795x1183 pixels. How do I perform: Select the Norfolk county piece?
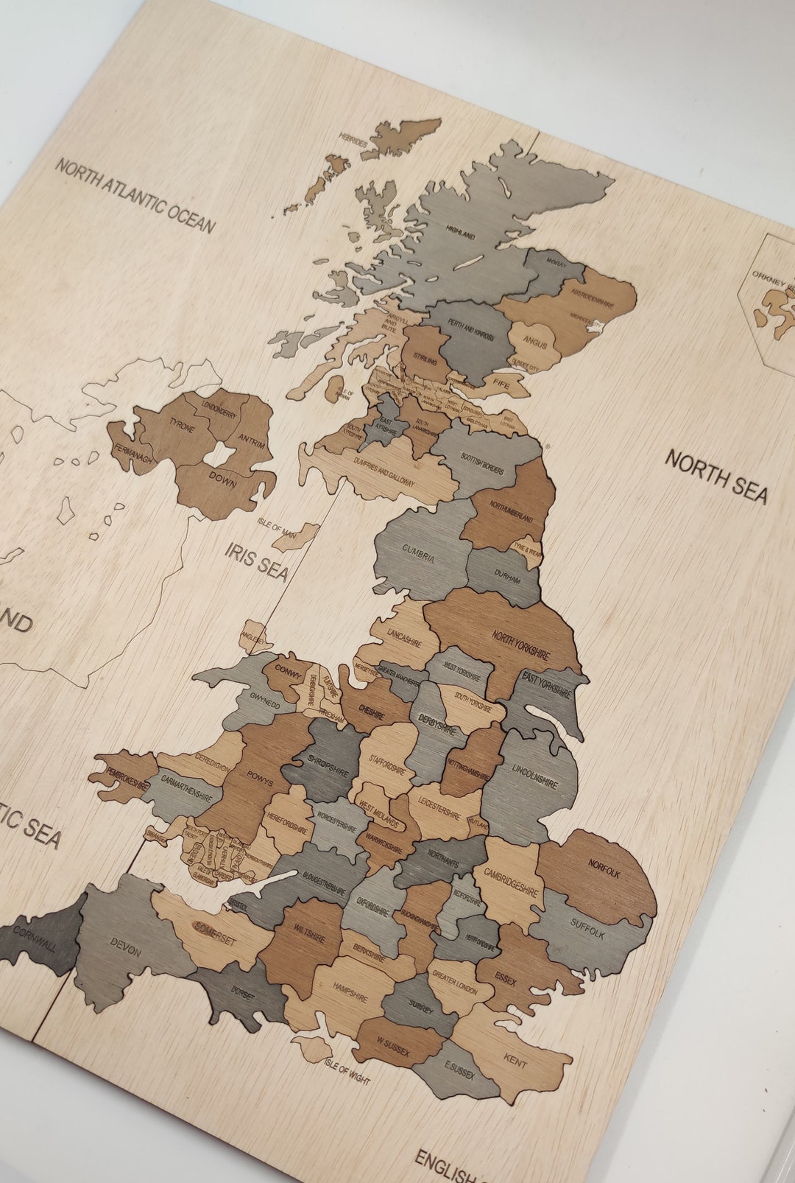coord(600,877)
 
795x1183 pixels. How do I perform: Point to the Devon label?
coord(125,947)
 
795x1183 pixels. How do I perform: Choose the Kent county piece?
coord(515,1061)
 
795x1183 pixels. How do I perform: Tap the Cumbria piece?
coord(420,556)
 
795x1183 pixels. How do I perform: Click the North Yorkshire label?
coord(521,644)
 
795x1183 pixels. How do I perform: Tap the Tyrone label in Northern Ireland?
coord(182,425)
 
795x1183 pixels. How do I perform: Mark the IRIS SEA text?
coord(257,561)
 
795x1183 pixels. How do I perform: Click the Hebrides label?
coord(353,137)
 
